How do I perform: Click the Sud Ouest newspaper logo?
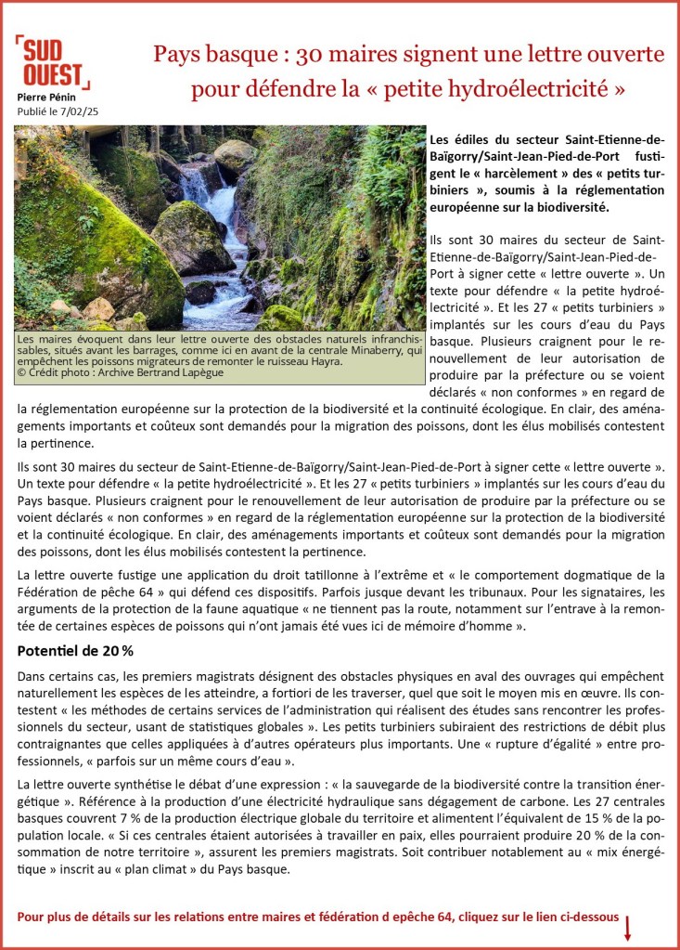click(52, 62)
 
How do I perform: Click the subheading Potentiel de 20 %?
click(75, 651)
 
